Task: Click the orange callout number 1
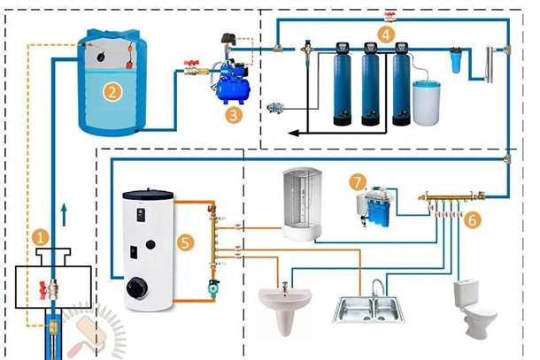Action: click(x=38, y=237)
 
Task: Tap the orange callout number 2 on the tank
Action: click(x=112, y=90)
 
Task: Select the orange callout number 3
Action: click(x=233, y=113)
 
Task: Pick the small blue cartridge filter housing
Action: click(x=456, y=61)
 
